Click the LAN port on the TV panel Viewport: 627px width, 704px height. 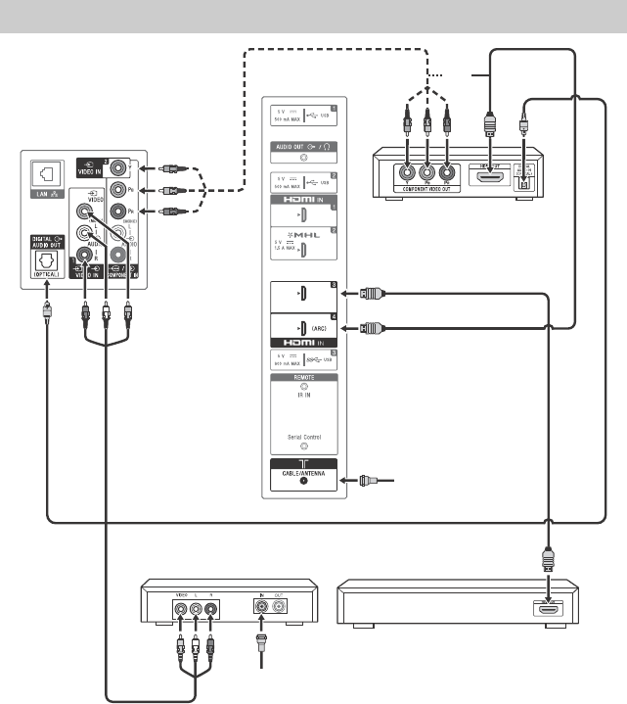tap(45, 175)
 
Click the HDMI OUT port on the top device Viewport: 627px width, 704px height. tap(487, 172)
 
